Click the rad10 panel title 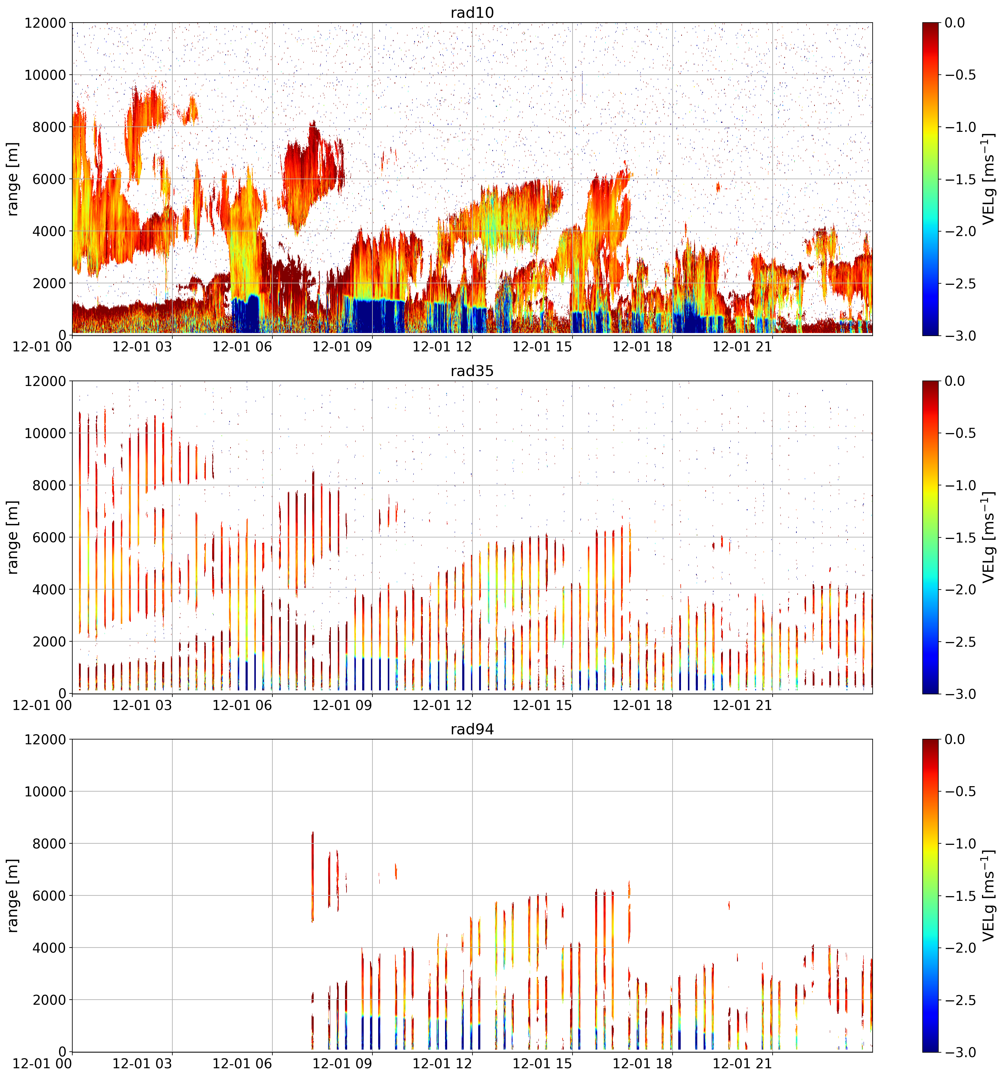pos(472,12)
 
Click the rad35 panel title pos(472,371)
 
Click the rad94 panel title pos(472,729)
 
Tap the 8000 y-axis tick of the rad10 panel pos(45,127)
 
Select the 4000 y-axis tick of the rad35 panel pos(45,590)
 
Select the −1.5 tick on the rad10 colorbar pos(961,179)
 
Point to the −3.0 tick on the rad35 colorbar pos(961,694)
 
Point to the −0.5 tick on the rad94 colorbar pos(961,792)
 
